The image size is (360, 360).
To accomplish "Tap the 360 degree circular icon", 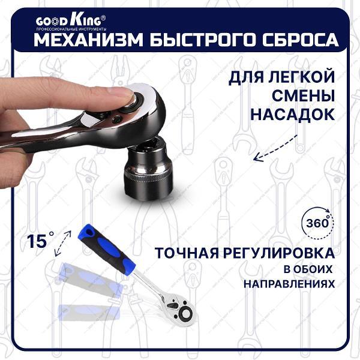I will (315, 221).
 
